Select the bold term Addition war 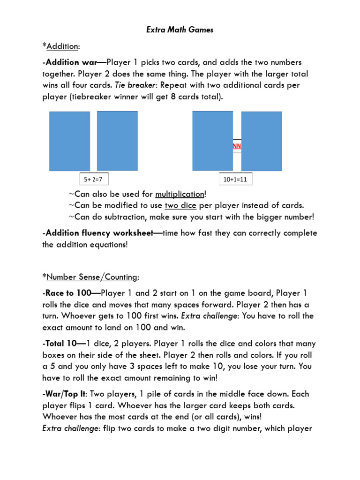[x=73, y=62]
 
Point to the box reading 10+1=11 [x=236, y=179]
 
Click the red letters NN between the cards [x=237, y=146]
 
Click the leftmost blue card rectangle [x=69, y=141]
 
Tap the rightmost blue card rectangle [x=262, y=141]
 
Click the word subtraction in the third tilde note [x=124, y=217]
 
